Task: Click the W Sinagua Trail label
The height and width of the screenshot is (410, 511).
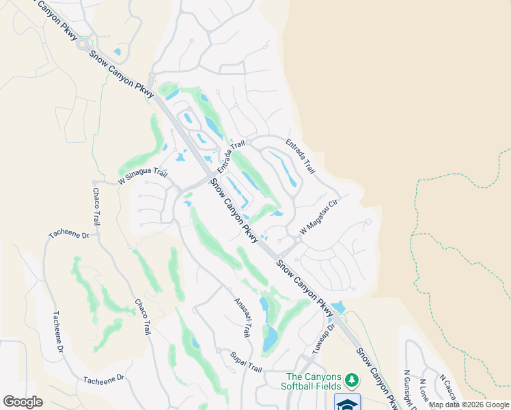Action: point(143,177)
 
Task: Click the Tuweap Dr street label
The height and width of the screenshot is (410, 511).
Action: point(325,338)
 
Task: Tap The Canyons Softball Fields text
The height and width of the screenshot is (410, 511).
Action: point(314,381)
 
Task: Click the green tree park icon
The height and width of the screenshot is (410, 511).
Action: point(351,379)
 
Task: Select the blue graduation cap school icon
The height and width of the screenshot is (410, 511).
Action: point(348,403)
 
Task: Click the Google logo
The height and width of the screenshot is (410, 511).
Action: point(23,402)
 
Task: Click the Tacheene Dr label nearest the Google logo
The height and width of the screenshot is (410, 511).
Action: point(104,379)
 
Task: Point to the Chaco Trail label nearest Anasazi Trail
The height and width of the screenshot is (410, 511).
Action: point(142,316)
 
